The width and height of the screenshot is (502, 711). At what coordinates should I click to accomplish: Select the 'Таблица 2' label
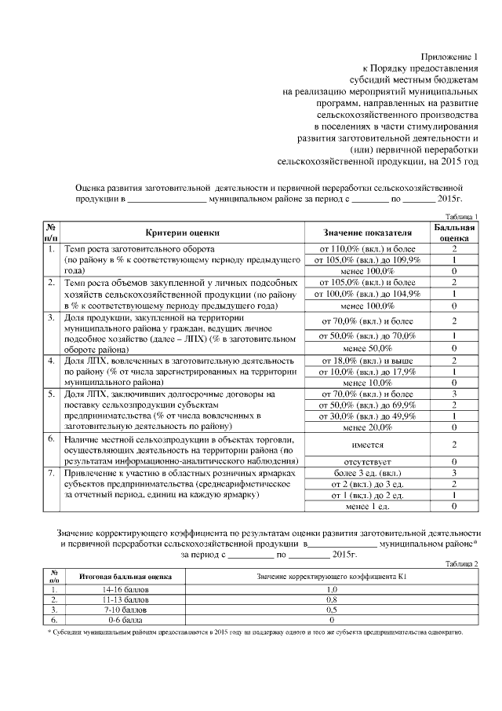pyautogui.click(x=460, y=564)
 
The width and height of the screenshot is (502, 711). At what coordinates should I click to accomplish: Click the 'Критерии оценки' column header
pyautogui.click(x=182, y=233)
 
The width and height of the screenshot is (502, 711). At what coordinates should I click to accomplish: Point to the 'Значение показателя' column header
pyautogui.click(x=368, y=233)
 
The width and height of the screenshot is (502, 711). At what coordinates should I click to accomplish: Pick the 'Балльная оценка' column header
pyautogui.click(x=454, y=233)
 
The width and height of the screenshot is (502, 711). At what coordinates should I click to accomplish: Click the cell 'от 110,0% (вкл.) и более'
pyautogui.click(x=368, y=249)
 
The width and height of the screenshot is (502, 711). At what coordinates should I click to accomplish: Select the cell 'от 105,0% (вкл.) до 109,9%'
pyautogui.click(x=368, y=260)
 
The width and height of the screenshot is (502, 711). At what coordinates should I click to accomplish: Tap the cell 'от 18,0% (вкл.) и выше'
pyautogui.click(x=368, y=361)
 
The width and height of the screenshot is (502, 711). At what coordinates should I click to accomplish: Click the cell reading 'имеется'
pyautogui.click(x=368, y=444)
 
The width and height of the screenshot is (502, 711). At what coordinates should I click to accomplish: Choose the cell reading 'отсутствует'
pyautogui.click(x=368, y=461)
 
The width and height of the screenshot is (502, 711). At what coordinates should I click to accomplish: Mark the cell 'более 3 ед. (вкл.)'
pyautogui.click(x=368, y=473)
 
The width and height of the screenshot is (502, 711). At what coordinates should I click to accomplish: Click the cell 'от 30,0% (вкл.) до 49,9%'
pyautogui.click(x=368, y=416)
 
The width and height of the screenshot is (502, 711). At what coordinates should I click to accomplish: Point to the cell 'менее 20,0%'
pyautogui.click(x=368, y=427)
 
